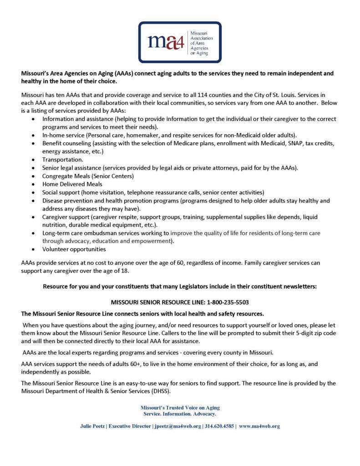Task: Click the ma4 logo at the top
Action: tap(180, 42)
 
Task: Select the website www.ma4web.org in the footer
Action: tap(259, 426)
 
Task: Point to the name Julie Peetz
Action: tap(94, 426)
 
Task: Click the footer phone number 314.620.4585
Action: tap(218, 426)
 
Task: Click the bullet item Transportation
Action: tap(63, 160)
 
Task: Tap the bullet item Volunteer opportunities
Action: tap(74, 249)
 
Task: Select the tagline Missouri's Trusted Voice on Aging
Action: tap(180, 408)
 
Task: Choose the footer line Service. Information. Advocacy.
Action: tap(180, 414)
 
